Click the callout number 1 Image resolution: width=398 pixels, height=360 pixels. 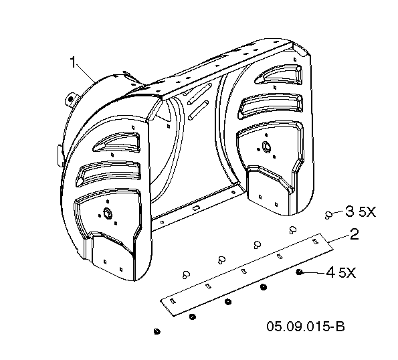coord(73,62)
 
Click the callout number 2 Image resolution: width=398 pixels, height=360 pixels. coord(354,234)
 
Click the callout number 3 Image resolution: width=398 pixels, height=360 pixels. coord(350,211)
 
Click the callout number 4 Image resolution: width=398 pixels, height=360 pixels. coord(330,273)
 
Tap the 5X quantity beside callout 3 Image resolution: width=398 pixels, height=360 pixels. coord(367,211)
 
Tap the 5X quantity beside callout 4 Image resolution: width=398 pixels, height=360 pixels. coord(347,273)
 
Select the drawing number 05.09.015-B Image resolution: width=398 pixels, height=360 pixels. coord(306,327)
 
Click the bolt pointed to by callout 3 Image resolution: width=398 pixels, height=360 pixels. coord(328,215)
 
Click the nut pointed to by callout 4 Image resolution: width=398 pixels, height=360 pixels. coord(299,272)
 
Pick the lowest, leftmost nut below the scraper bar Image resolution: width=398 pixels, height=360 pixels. coord(157,331)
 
